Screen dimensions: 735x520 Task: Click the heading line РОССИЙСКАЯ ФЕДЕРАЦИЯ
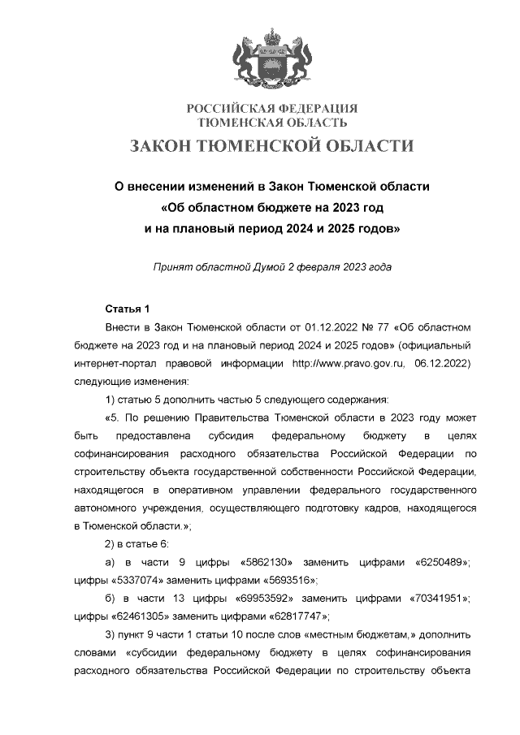[273, 109]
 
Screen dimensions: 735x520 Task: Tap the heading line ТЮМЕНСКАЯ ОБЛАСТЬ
[273, 123]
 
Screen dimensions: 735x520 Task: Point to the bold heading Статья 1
[128, 309]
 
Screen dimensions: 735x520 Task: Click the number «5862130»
[267, 562]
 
